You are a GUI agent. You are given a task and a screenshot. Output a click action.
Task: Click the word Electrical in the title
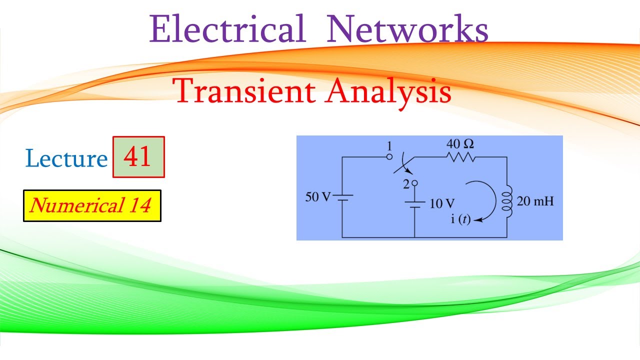click(x=227, y=29)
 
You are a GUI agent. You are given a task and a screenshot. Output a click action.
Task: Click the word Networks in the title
click(x=407, y=29)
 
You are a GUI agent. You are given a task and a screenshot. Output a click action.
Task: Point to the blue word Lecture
click(x=66, y=158)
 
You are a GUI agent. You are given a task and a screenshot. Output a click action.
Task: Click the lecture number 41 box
click(x=138, y=157)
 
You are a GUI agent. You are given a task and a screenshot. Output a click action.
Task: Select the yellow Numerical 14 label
click(x=92, y=205)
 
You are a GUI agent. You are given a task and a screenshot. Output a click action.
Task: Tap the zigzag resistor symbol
click(x=459, y=157)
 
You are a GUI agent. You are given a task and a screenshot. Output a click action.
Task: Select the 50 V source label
click(x=318, y=196)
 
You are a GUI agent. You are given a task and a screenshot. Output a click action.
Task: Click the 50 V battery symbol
click(x=342, y=196)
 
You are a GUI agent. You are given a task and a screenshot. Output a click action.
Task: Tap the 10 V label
click(x=442, y=203)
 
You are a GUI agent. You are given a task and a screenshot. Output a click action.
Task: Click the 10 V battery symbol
click(x=414, y=204)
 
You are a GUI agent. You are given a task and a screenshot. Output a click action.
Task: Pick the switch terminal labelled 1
click(x=389, y=156)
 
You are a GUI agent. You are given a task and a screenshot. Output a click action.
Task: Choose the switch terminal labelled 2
click(x=414, y=184)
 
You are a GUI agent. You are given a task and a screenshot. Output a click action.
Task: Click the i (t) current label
click(x=461, y=219)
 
